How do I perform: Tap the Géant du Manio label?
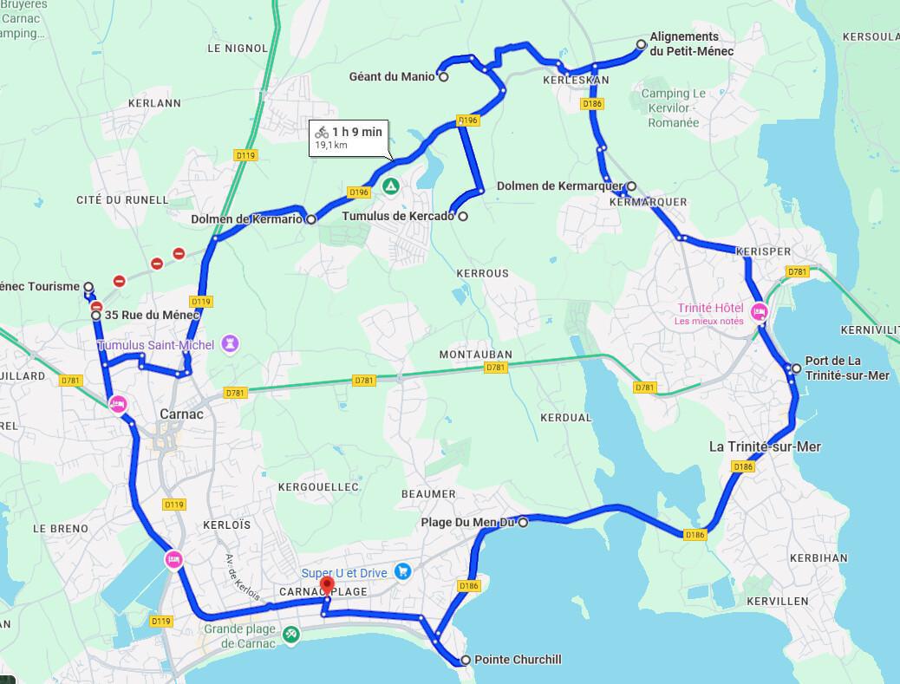coord(392,77)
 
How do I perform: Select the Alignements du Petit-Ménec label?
coord(691,44)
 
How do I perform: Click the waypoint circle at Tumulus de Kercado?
coord(463,217)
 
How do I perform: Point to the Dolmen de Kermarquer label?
coord(559,186)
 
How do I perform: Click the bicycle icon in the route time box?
coord(322,132)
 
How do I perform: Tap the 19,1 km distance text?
coord(331,146)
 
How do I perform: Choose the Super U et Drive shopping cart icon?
coord(402,571)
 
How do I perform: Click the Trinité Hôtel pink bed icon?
coord(759,311)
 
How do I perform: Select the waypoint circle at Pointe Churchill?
coord(466,660)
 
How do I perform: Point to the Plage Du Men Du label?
coord(467,522)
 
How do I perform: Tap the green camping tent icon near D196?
coord(391,186)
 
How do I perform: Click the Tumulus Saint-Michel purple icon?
coord(230,344)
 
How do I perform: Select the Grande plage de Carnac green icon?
coord(291,634)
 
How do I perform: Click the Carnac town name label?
coord(181,414)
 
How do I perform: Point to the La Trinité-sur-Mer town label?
coord(765,446)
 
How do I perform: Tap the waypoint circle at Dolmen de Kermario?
coord(310,219)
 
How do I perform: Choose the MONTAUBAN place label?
coord(475,355)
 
